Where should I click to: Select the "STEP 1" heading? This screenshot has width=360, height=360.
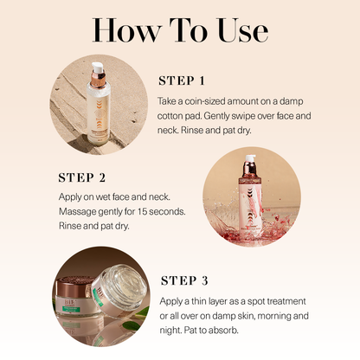tap(181, 81)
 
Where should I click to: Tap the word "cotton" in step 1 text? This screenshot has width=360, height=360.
tap(174, 115)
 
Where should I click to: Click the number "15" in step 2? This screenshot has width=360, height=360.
tap(131, 211)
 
